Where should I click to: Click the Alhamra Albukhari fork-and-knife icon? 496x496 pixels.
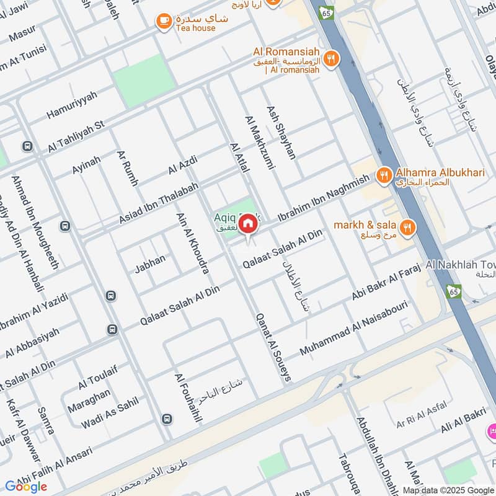pos(384,176)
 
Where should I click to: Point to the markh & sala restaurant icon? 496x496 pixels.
pos(407,228)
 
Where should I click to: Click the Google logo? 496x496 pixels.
pos(26,487)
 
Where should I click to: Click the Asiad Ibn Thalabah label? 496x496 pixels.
pos(159,204)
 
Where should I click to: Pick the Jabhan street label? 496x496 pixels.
pos(150,264)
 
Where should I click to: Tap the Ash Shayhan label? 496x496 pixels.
pos(281,132)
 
